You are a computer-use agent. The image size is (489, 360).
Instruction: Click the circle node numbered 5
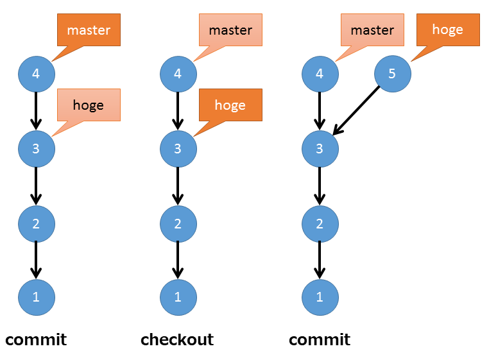tap(392, 74)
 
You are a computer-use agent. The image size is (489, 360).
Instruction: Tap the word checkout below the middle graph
tap(177, 339)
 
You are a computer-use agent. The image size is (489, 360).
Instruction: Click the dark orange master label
tap(89, 30)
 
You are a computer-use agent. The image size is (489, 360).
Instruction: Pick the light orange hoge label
tap(89, 105)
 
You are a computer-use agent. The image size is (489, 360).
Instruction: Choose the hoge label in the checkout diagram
tap(230, 105)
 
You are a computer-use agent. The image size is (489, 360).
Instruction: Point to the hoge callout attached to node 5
tap(448, 30)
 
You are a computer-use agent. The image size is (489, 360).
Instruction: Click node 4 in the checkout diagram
tap(178, 74)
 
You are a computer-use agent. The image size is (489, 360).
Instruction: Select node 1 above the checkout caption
tap(178, 296)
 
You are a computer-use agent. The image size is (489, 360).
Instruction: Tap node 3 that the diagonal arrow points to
tap(320, 148)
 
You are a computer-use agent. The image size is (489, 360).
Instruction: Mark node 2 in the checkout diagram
tap(178, 223)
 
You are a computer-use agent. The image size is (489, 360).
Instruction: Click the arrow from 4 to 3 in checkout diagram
tap(178, 110)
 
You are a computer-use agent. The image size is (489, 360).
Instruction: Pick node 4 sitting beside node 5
tap(320, 74)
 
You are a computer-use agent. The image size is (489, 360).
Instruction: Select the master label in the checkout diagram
tap(230, 30)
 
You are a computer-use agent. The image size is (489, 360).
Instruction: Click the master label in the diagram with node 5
tap(372, 30)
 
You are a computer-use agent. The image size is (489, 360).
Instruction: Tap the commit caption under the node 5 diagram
tap(320, 339)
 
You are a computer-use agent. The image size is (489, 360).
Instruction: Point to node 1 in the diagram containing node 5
tap(320, 296)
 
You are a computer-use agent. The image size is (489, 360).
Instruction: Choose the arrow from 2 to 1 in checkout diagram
tap(178, 259)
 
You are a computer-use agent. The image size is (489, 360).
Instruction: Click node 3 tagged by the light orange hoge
tap(36, 148)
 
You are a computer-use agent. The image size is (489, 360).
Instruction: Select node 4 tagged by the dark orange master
tap(36, 74)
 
